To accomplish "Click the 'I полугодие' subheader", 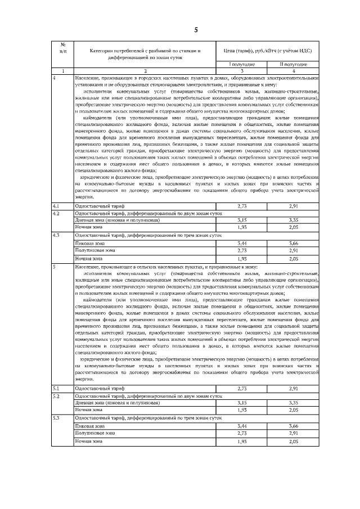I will [242, 65].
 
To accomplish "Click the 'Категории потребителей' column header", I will [145, 54].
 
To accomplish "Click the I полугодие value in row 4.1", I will [242, 206].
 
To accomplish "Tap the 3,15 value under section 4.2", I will [242, 220].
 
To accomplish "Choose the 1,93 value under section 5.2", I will [242, 409].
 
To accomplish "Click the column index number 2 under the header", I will [145, 71].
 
